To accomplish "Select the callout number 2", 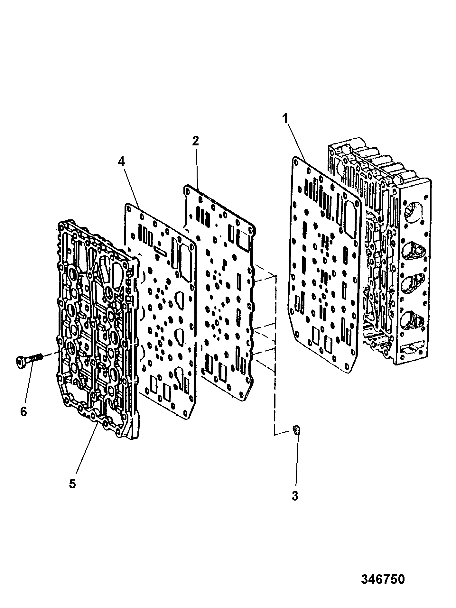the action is tap(195, 141).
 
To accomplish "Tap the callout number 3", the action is tap(295, 504).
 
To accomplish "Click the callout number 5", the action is tap(72, 492).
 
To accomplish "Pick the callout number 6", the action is tap(23, 411).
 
